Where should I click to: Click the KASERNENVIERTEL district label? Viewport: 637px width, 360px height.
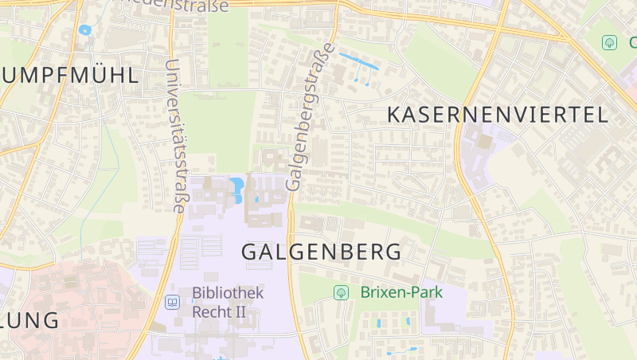pos(498,115)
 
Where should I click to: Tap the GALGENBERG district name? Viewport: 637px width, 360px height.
pos(321,252)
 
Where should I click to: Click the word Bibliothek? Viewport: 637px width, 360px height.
pos(227,293)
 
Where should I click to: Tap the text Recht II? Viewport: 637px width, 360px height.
pos(219,311)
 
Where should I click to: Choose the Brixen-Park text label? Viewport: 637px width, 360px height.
pos(401,292)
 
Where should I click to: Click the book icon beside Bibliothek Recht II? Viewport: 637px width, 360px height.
pos(172,302)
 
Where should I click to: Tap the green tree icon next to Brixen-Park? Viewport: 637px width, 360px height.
pos(341,292)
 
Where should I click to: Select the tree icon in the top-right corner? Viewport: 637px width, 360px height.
pos(610,42)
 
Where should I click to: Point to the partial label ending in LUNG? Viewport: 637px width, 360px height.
pos(29,321)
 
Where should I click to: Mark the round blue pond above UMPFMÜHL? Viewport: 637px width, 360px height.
pos(84,30)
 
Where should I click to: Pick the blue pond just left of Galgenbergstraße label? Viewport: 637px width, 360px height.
pos(236,189)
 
